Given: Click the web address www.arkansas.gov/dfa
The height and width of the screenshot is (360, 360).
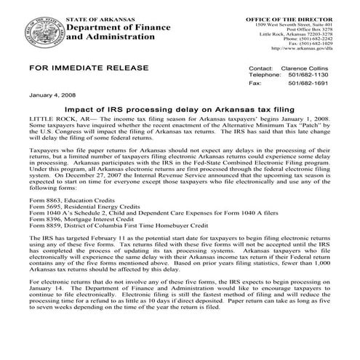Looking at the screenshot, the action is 303,49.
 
